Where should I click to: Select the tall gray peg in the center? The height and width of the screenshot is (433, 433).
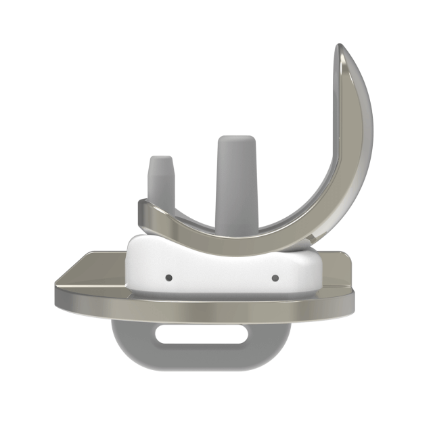point(235,183)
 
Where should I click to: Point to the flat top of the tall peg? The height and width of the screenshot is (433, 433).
point(235,139)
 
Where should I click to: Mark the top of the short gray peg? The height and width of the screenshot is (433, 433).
point(160,158)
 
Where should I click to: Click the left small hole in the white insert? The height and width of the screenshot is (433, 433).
point(168,277)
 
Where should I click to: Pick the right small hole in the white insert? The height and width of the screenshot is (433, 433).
point(275,277)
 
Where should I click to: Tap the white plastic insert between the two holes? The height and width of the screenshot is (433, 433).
point(222,274)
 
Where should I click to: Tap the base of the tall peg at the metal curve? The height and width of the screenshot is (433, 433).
point(235,227)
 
